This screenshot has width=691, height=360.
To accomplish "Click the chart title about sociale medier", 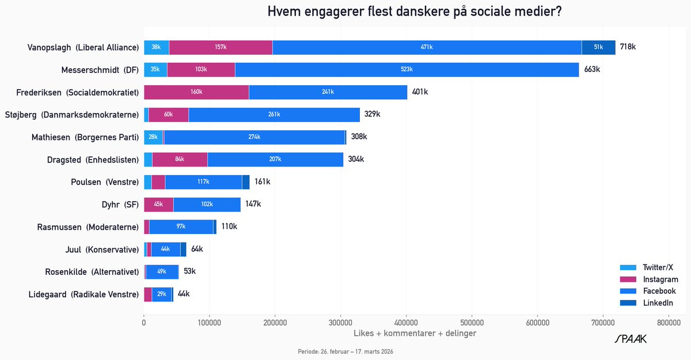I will pyautogui.click(x=415, y=12).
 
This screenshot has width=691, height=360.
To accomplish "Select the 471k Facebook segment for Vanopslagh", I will pyautogui.click(x=427, y=47).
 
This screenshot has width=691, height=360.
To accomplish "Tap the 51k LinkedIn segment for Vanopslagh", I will pyautogui.click(x=598, y=47).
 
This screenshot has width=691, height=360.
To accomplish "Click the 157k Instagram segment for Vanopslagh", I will pyautogui.click(x=221, y=47).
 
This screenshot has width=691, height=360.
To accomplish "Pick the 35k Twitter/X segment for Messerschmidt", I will pyautogui.click(x=155, y=70).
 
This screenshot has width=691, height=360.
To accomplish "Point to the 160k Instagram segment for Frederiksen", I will pyautogui.click(x=196, y=92).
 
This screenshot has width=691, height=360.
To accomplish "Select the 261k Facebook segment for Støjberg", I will pyautogui.click(x=274, y=115).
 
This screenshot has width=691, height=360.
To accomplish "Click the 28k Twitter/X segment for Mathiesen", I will pyautogui.click(x=153, y=137).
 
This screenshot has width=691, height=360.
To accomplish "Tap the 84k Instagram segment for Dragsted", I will pyautogui.click(x=180, y=160).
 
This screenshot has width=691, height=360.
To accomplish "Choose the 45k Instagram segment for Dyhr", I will pyautogui.click(x=158, y=204).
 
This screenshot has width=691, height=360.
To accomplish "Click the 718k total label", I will pyautogui.click(x=628, y=47).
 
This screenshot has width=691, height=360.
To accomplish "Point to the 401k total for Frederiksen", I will pyautogui.click(x=420, y=92).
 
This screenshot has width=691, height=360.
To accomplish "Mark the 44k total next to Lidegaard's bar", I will pyautogui.click(x=184, y=294).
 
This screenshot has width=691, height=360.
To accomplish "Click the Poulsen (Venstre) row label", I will pyautogui.click(x=105, y=182).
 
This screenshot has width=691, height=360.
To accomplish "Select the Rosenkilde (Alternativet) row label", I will pyautogui.click(x=92, y=272).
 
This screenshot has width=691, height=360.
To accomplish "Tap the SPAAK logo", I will pyautogui.click(x=631, y=339).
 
